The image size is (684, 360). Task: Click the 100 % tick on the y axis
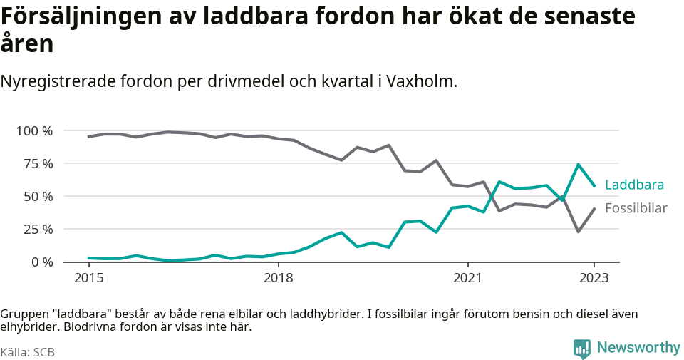tap(34, 130)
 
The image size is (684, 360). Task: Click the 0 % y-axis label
tap(40, 262)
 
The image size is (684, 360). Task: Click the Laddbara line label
tap(634, 185)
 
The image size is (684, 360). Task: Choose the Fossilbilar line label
tap(636, 208)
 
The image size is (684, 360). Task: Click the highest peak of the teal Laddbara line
tap(579, 165)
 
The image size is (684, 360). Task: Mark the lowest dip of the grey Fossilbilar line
tap(579, 231)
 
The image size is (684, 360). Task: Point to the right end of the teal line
tap(594, 186)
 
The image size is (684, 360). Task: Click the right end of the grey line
tap(594, 208)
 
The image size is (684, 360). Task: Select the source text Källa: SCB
tap(28, 352)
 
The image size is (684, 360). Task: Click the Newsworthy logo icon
tap(582, 349)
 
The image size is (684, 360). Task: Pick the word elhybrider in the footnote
tap(29, 328)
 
